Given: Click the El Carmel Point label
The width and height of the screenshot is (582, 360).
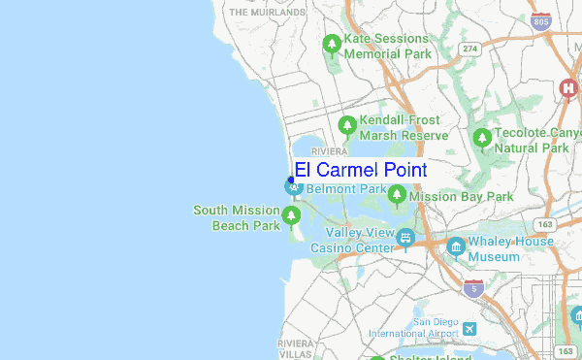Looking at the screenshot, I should pos(361,170).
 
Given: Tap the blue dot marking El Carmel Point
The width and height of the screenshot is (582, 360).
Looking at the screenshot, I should pos(291,180).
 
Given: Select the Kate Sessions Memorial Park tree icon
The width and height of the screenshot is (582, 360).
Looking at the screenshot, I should pos(332,45).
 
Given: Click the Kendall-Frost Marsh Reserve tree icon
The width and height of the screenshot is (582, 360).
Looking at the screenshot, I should pos(347,125).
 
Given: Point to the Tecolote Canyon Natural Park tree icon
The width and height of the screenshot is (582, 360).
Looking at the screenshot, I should pos(482,139).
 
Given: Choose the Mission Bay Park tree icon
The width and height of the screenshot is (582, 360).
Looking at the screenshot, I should pos(397,196).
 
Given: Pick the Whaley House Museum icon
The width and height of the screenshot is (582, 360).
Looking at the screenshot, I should pos(455,248).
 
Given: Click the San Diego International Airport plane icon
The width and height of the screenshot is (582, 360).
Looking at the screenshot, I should pos(470,329).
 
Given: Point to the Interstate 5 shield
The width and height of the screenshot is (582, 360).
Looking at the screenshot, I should pos(473,288).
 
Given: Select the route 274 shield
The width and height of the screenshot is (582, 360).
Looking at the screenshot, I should pos(470,49).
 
